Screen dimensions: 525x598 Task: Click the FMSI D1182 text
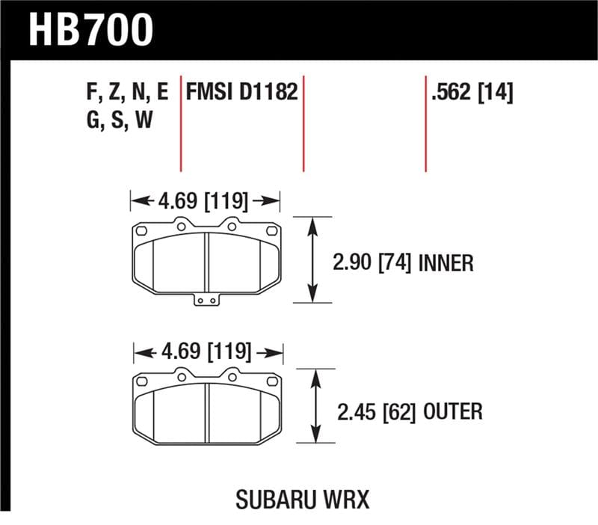click(242, 92)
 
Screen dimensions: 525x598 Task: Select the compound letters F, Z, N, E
click(128, 93)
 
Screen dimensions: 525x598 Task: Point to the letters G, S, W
click(120, 120)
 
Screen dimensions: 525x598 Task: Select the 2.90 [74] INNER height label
click(402, 262)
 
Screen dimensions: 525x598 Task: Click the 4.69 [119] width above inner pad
click(204, 200)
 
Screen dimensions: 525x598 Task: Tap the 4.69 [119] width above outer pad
click(207, 351)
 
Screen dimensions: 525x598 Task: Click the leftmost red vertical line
click(181, 123)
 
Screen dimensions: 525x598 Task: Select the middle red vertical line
click(303, 123)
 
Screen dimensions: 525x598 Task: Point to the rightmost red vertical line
click(425, 123)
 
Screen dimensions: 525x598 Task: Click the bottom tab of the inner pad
click(206, 300)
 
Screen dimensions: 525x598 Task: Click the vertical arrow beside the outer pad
click(315, 408)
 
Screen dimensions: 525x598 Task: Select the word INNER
click(446, 262)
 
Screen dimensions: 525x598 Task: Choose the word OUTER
click(454, 411)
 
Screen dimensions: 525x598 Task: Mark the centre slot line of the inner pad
click(206, 261)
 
